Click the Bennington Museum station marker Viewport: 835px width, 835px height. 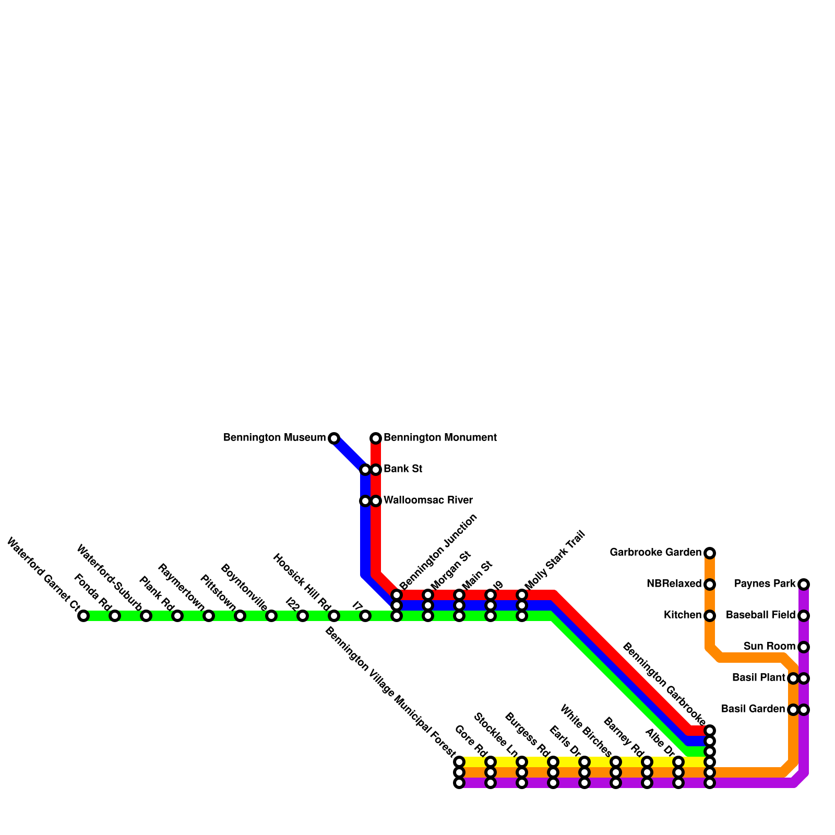(x=334, y=438)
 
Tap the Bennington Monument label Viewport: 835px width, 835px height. (x=440, y=438)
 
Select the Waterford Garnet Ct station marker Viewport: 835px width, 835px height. (x=83, y=616)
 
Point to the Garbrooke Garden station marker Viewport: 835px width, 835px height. (x=710, y=553)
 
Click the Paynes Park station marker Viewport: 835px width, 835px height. (x=804, y=584)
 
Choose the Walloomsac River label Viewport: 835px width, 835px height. (x=428, y=500)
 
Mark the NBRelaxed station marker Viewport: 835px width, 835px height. (x=710, y=584)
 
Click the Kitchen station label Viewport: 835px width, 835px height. (x=682, y=615)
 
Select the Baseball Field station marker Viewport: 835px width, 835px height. (x=804, y=616)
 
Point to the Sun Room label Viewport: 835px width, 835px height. (x=769, y=647)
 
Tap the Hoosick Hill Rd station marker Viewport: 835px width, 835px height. (x=334, y=616)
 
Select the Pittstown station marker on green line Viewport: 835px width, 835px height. (x=240, y=616)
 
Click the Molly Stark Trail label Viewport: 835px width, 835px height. (x=555, y=560)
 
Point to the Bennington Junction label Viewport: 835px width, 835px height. (x=438, y=552)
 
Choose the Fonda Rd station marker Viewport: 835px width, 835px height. (x=115, y=616)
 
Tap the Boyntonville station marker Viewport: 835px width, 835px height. (x=271, y=616)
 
